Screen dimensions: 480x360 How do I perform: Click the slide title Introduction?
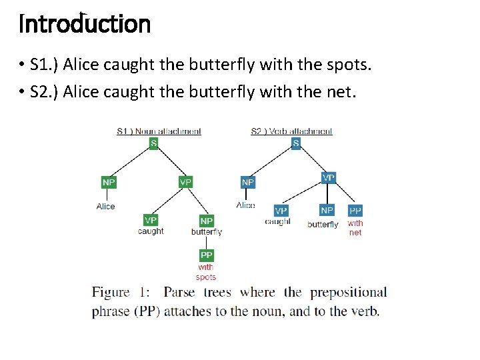[x=85, y=24]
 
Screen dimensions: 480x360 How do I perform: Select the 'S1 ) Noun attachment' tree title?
[x=159, y=131]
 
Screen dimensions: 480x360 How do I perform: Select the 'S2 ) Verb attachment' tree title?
[x=291, y=131]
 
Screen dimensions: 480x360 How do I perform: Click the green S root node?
[x=153, y=143]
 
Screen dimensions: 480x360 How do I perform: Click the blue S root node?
[x=295, y=143]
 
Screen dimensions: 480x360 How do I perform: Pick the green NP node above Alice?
[x=108, y=182]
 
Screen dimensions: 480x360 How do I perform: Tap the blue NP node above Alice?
[x=248, y=182]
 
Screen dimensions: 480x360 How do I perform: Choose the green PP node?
[x=207, y=255]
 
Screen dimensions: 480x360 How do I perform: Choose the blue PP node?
[x=355, y=211]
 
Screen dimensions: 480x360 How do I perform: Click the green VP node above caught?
[x=151, y=220]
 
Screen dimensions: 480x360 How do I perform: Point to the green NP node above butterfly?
[x=207, y=221]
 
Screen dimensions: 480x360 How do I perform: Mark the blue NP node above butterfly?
[x=327, y=210]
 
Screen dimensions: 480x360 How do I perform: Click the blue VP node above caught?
[x=281, y=211]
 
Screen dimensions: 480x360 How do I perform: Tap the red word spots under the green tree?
[x=206, y=277]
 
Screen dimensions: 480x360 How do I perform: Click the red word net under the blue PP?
[x=355, y=233]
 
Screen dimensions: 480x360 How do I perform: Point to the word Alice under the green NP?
[x=105, y=207]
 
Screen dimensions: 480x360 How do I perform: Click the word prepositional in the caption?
[x=348, y=292]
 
